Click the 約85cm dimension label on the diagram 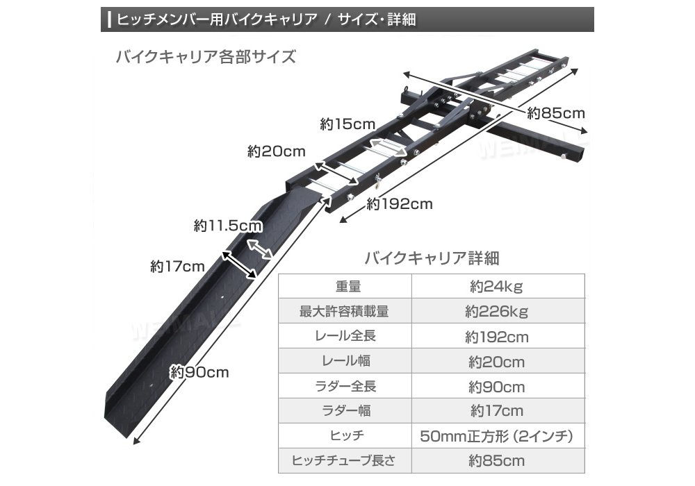click(x=555, y=113)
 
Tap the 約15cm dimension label click(x=347, y=125)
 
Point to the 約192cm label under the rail click(x=400, y=204)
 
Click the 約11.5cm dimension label click(x=227, y=226)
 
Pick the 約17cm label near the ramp click(x=177, y=266)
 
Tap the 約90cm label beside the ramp click(x=199, y=372)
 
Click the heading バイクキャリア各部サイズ click(x=206, y=57)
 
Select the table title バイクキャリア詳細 click(x=432, y=259)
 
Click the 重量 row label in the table click(x=345, y=287)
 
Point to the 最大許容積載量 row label click(x=345, y=312)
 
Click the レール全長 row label click(x=345, y=337)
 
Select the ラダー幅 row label click(x=345, y=411)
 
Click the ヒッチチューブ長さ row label click(x=345, y=460)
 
